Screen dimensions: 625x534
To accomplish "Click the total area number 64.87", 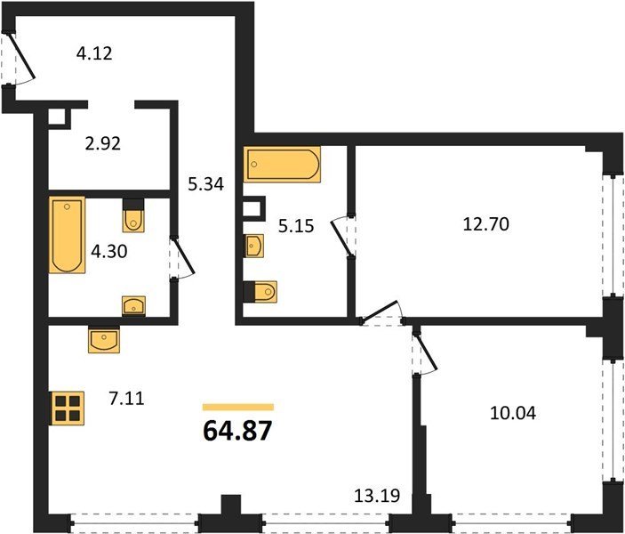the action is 237,431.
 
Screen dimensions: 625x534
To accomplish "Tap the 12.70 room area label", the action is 486,224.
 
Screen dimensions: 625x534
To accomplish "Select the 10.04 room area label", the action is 513,413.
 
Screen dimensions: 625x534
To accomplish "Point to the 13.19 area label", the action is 377,496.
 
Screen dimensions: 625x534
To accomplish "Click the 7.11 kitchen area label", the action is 126,399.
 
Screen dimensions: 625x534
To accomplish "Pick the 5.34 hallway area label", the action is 206,184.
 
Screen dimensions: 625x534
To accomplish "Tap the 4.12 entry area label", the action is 94,53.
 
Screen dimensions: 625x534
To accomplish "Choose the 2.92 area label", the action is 103,143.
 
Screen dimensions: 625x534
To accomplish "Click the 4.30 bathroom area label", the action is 109,252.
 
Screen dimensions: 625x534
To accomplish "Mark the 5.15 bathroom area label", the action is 296,226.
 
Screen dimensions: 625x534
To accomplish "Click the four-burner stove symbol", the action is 67,409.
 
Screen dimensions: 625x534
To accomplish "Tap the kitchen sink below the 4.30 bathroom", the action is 104,339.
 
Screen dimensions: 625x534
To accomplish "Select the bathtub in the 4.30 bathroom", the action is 67,235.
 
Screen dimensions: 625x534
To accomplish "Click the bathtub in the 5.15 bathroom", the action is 282,164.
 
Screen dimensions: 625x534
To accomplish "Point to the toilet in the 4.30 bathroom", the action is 133,215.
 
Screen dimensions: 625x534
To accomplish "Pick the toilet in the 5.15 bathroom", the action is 260,292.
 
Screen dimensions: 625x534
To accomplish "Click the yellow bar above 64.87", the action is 238,407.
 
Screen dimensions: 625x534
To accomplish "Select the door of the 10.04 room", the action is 427,352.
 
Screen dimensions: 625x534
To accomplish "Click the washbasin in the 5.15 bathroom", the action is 253,246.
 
